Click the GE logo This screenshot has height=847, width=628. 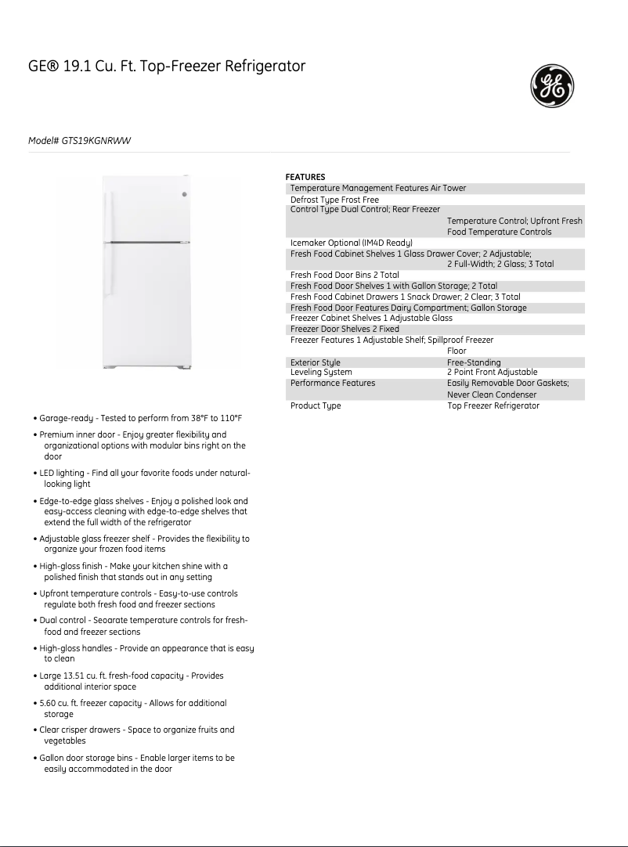pyautogui.click(x=553, y=86)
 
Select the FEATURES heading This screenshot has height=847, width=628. pyautogui.click(x=305, y=177)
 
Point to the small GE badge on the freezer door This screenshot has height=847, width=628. pyautogui.click(x=185, y=194)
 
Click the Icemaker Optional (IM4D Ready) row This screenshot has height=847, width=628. pyautogui.click(x=351, y=243)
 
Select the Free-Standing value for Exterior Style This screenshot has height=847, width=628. pyautogui.click(x=474, y=362)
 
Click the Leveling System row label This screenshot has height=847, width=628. pyautogui.click(x=321, y=372)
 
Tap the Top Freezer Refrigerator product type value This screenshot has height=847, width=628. pyautogui.click(x=493, y=405)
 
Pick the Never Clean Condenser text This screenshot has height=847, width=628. pyautogui.click(x=492, y=395)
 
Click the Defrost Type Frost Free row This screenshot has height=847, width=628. pyautogui.click(x=334, y=200)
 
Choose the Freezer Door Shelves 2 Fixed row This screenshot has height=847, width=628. pyautogui.click(x=345, y=329)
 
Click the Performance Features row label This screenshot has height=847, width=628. pyautogui.click(x=333, y=383)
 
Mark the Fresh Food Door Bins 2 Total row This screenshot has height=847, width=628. pyautogui.click(x=345, y=275)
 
